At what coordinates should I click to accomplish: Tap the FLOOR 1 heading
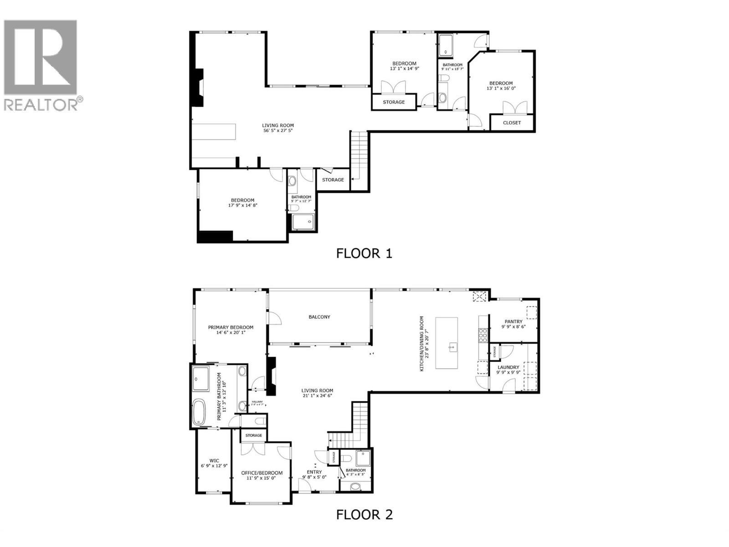(x=364, y=253)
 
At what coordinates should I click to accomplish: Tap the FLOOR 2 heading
(x=364, y=515)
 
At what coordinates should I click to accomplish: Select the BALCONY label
(x=319, y=317)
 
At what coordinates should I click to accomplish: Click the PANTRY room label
(x=513, y=321)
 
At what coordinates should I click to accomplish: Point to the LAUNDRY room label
(x=508, y=367)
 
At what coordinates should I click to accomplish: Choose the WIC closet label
(x=214, y=460)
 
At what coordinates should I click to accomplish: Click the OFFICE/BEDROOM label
(x=262, y=473)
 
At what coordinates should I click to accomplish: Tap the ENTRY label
(x=314, y=472)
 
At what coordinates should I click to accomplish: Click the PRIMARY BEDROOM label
(x=231, y=327)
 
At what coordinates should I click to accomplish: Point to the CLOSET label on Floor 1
(x=512, y=123)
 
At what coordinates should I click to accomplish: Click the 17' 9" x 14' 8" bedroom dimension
(x=243, y=206)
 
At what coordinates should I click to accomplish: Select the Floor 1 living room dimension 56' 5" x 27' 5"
(x=277, y=130)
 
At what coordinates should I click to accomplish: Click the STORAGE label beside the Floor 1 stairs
(x=333, y=180)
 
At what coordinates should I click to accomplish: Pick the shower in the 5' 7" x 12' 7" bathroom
(x=303, y=222)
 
